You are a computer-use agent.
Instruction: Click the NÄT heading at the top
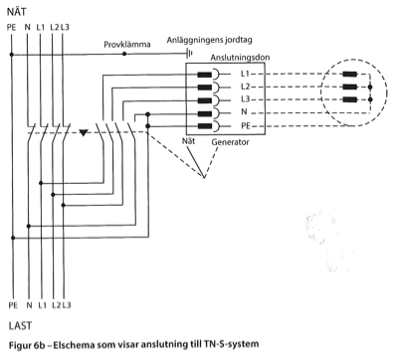coord(16,12)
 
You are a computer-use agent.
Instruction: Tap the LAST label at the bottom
coord(20,326)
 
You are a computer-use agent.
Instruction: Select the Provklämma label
coord(127,45)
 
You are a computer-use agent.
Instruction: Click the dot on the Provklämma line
coord(124,54)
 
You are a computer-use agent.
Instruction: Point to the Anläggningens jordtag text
coord(209,40)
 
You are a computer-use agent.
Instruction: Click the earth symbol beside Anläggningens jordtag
coord(189,53)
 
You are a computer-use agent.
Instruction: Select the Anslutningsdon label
coord(240,58)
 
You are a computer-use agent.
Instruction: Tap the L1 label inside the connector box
coord(245,74)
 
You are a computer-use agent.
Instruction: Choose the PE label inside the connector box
coord(246,126)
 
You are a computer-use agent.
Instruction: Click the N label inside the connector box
coord(244,111)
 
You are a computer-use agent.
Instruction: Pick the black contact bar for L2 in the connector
coord(205,88)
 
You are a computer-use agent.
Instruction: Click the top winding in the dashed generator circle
coord(350,74)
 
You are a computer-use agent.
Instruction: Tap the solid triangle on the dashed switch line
coord(84,132)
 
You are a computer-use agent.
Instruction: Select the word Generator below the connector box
coord(230,142)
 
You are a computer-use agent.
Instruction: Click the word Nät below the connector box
coord(188,141)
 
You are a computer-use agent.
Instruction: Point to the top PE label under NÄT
coord(11,27)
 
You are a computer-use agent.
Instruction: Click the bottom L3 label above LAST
coord(67,305)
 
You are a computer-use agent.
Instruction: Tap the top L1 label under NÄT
coord(40,27)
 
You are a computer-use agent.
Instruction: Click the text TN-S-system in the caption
coord(230,344)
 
